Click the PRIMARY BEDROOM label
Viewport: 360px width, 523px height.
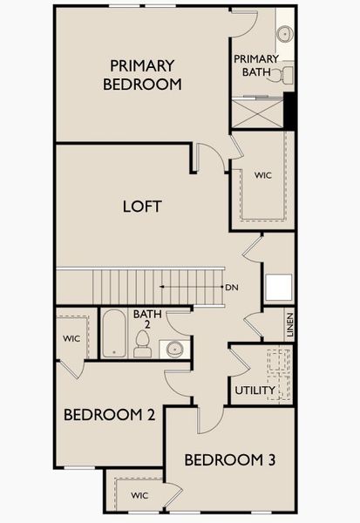142,75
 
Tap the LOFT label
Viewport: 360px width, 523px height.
143,207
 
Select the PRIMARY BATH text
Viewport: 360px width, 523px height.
256,65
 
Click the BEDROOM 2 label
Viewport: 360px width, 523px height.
109,415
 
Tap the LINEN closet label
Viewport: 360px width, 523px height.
289,325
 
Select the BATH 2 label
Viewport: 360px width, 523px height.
143,319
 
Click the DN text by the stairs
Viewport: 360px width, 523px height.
231,287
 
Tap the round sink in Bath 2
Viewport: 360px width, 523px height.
174,350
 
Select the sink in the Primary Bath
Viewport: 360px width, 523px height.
284,34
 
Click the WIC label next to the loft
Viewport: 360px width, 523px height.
263,175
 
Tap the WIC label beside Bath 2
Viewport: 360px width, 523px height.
71,336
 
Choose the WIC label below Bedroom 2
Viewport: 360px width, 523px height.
139,495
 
